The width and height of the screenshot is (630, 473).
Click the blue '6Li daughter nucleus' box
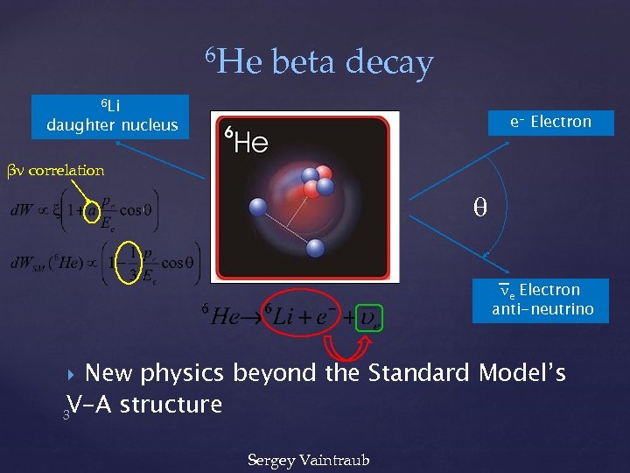(x=112, y=116)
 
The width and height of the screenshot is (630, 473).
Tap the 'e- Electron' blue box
(x=551, y=122)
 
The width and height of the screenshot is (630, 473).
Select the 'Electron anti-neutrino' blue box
(x=541, y=300)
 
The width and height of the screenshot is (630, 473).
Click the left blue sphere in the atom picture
(x=257, y=208)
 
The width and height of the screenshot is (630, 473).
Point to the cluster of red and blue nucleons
(x=315, y=180)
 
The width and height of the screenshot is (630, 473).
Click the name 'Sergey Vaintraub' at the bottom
(x=308, y=459)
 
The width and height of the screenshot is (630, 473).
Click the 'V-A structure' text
(x=144, y=405)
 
